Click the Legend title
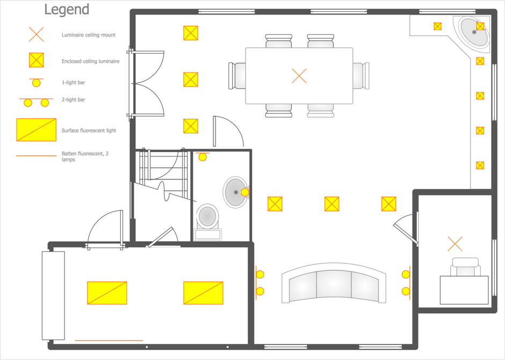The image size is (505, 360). point(67,10)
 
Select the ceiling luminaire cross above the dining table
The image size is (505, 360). point(299,76)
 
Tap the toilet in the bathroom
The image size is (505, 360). point(208,222)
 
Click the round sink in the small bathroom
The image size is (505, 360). point(236,192)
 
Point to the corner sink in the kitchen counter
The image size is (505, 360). point(474,32)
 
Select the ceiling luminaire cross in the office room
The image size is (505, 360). point(455,244)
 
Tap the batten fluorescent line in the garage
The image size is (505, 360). point(109,340)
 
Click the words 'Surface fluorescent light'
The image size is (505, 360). point(89,131)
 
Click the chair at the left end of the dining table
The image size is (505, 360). point(237,76)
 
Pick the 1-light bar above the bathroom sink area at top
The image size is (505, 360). point(202,156)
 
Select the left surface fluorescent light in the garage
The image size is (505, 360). point(107,293)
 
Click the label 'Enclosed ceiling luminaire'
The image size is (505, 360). point(90,61)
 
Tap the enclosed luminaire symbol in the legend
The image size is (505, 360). point(37,60)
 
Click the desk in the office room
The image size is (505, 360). point(464,290)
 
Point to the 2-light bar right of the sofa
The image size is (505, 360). point(406,283)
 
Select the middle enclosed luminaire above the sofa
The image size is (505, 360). point(331,204)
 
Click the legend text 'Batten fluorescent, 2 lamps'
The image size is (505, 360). point(85,156)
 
